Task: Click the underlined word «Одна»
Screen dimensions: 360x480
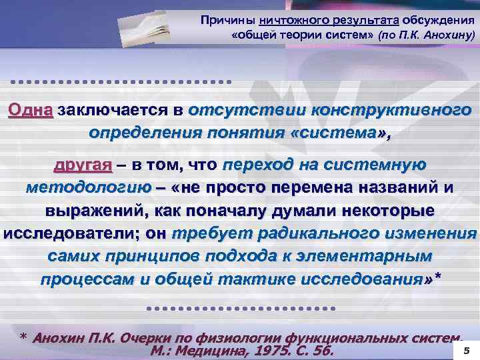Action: click(31, 110)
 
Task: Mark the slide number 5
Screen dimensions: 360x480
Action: click(466, 349)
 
